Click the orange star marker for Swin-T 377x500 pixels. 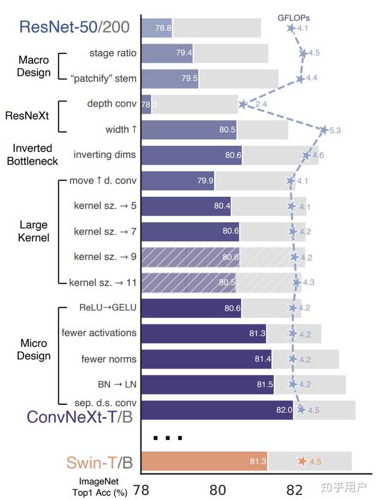pyautogui.click(x=302, y=461)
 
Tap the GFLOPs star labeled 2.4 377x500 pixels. pyautogui.click(x=242, y=104)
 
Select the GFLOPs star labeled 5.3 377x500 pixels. pyautogui.click(x=324, y=130)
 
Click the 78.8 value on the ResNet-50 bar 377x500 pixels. pyautogui.click(x=163, y=28)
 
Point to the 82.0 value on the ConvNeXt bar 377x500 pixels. pyautogui.click(x=284, y=410)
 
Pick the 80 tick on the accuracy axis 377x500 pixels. pyautogui.click(x=217, y=490)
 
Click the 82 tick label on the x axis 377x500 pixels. pyautogui.click(x=294, y=490)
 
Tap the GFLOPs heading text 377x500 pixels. pyautogui.click(x=293, y=18)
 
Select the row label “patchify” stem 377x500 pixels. pyautogui.click(x=104, y=78)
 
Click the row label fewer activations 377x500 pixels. pyautogui.click(x=99, y=333)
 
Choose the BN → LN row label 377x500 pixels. pyautogui.click(x=117, y=384)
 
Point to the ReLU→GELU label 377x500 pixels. pyautogui.click(x=108, y=308)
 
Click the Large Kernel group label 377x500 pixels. pyautogui.click(x=34, y=231)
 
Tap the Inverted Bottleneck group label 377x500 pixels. pyautogui.click(x=32, y=155)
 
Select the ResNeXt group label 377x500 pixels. pyautogui.click(x=27, y=116)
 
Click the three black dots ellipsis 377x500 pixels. pyautogui.click(x=168, y=438)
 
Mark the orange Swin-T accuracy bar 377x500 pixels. pyautogui.click(x=204, y=461)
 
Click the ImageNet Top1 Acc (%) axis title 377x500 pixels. pyautogui.click(x=99, y=487)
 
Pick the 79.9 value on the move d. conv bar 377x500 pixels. pyautogui.click(x=205, y=181)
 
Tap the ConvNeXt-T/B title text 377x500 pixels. pyautogui.click(x=80, y=417)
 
